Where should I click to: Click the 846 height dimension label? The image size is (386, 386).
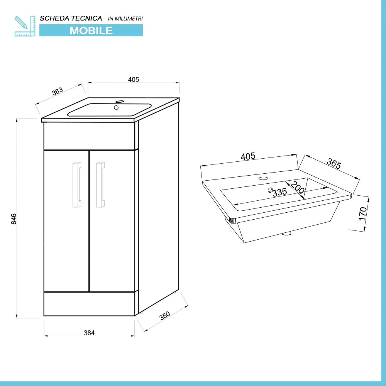pyautogui.click(x=14, y=219)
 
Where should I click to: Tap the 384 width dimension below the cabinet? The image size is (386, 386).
pyautogui.click(x=89, y=332)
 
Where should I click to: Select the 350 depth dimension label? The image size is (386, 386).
pyautogui.click(x=165, y=315)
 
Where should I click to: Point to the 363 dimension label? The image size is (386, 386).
pyautogui.click(x=57, y=91)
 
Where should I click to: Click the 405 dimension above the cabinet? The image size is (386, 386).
pyautogui.click(x=133, y=80)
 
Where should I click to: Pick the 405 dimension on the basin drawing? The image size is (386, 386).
pyautogui.click(x=248, y=156)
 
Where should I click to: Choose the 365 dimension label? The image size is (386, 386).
pyautogui.click(x=334, y=164)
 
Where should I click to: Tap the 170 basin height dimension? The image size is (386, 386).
pyautogui.click(x=362, y=213)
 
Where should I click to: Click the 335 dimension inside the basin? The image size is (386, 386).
pyautogui.click(x=279, y=192)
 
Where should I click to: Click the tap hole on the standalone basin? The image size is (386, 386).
pyautogui.click(x=264, y=178)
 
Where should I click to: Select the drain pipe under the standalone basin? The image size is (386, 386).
pyautogui.click(x=287, y=233)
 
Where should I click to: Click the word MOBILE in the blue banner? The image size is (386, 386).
pyautogui.click(x=91, y=30)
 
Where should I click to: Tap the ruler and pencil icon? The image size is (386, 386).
pyautogui.click(x=25, y=26)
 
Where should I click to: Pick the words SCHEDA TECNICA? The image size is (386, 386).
pyautogui.click(x=71, y=18)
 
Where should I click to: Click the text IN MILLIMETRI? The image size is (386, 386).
pyautogui.click(x=125, y=19)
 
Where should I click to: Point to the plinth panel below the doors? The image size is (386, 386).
pyautogui.click(x=89, y=304)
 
